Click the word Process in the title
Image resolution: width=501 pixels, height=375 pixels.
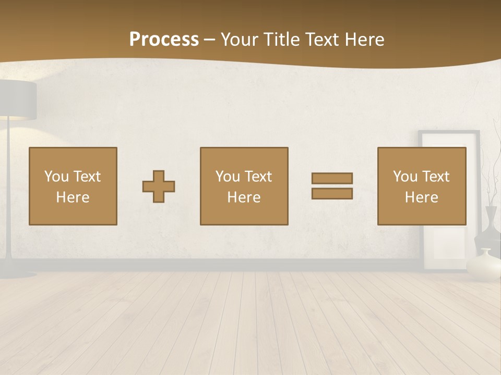pos(164,40)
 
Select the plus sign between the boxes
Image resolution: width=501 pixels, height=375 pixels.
pos(159,186)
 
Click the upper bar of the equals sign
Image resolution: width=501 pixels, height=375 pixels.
pos(332,178)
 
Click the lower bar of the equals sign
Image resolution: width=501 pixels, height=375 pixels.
pos(332,194)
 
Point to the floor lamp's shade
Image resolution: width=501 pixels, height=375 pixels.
pos(18,96)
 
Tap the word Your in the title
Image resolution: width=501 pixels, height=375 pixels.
pos(239,40)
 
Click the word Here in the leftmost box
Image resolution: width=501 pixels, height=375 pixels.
pos(73,197)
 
